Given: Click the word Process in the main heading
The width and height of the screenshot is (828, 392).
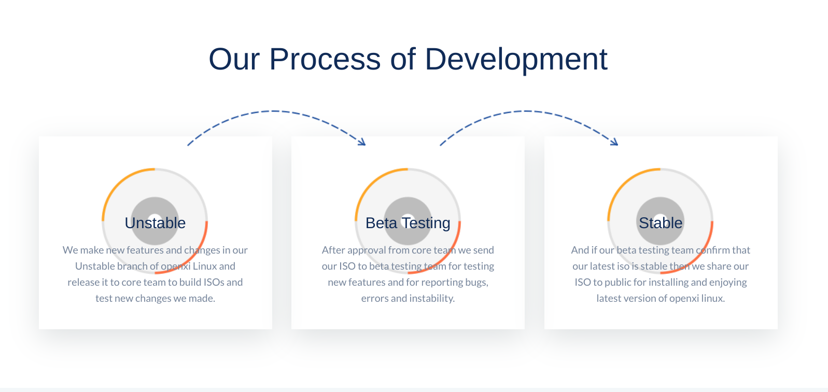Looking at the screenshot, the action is point(325,59).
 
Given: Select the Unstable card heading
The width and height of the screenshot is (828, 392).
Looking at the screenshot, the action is point(155,223).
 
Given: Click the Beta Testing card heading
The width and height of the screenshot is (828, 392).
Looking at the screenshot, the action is point(408,223).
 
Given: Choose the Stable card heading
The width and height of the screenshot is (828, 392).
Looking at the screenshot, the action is point(661,223).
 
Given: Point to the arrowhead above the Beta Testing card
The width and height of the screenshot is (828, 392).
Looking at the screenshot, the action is point(362,142).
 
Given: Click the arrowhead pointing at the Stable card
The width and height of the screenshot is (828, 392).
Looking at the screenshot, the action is point(614,142).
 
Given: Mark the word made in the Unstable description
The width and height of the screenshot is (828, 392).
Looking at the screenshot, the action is point(202,299).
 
